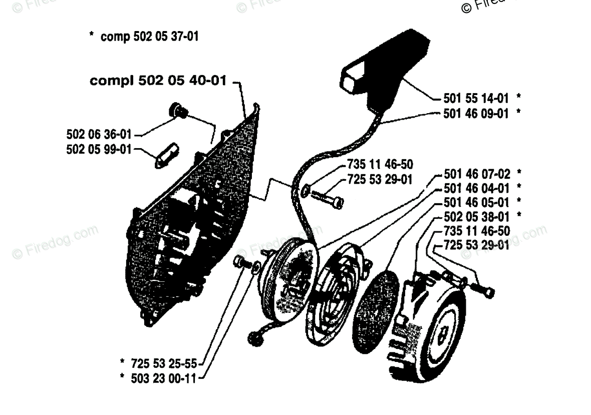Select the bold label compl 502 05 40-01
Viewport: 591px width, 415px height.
click(158, 82)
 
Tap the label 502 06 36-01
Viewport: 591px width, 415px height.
click(99, 134)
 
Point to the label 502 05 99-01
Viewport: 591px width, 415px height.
click(99, 149)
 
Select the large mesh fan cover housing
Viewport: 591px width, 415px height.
click(195, 220)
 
